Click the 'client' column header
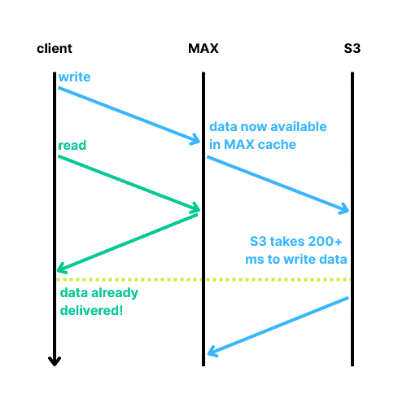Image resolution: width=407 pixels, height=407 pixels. coord(55,49)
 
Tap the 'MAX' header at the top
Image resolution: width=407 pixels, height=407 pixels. coord(203,49)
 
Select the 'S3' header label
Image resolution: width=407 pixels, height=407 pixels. coord(352,49)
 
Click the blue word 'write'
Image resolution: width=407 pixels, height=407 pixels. coord(74,77)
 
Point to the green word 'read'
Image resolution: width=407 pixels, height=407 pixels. coord(72,145)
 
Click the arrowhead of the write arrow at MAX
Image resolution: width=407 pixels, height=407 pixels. coord(196,139)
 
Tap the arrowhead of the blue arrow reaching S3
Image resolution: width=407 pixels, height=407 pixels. coord(345,208)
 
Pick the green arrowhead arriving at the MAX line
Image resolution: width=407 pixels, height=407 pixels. coord(196,208)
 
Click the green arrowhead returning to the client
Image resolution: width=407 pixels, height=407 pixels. coord(61,268)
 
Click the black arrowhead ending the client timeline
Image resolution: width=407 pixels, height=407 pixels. coord(55,361)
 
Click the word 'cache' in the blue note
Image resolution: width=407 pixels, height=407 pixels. coord(277,145)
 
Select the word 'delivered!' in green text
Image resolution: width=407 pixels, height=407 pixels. coord(91,310)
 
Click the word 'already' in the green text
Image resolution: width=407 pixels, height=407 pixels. coord(115,293)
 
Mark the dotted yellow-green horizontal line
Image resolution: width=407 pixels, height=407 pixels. coord(203,279)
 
